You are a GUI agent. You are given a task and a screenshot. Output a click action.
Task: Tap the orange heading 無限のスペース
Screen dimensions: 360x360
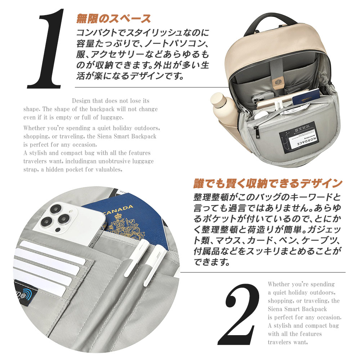point(113,18)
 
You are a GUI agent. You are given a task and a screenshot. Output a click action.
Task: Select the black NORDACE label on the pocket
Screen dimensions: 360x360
point(297,138)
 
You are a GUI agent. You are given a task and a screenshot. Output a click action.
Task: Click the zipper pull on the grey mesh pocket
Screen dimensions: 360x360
point(258,132)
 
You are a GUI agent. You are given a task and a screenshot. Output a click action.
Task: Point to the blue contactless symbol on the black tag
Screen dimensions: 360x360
point(27,294)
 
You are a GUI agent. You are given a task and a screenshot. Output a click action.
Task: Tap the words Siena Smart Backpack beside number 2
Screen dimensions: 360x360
point(297,309)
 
